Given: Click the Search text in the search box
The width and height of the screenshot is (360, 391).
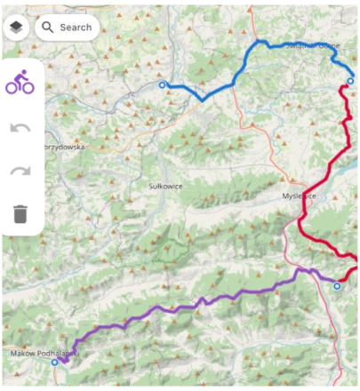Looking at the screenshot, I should pos(76,28).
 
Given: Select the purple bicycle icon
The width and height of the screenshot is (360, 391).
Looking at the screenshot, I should pos(20,84).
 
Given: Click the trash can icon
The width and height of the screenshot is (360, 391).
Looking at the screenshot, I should pos(20,213).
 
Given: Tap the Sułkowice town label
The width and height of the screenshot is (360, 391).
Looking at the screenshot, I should pos(166,187).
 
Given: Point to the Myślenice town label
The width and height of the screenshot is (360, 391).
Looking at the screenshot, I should pos(300,196).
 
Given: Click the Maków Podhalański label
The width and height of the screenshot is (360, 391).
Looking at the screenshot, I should pos(44,353).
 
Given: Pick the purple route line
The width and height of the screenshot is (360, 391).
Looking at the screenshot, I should pos(178,307).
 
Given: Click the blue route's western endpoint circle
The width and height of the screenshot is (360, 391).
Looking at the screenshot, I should pos(162,85).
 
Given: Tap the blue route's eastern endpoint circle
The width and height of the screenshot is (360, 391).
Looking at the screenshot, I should pos(350,81).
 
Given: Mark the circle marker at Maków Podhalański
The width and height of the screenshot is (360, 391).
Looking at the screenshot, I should pos(54,363).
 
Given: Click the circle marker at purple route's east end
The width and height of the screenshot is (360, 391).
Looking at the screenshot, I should pos(337,286).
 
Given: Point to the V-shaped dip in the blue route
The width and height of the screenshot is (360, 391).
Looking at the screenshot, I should pos(204,99).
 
